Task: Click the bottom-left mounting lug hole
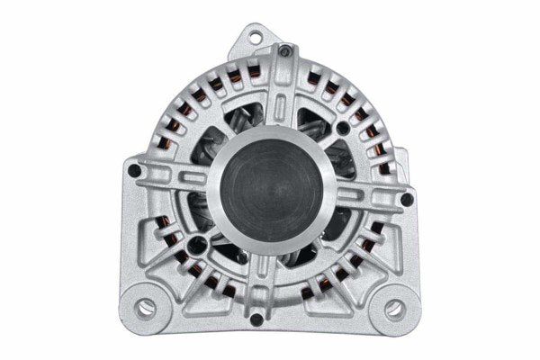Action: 145,308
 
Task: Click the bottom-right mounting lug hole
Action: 394,309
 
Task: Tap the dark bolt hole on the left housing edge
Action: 134,169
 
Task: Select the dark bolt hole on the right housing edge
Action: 407,199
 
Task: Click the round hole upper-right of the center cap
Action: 343,128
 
